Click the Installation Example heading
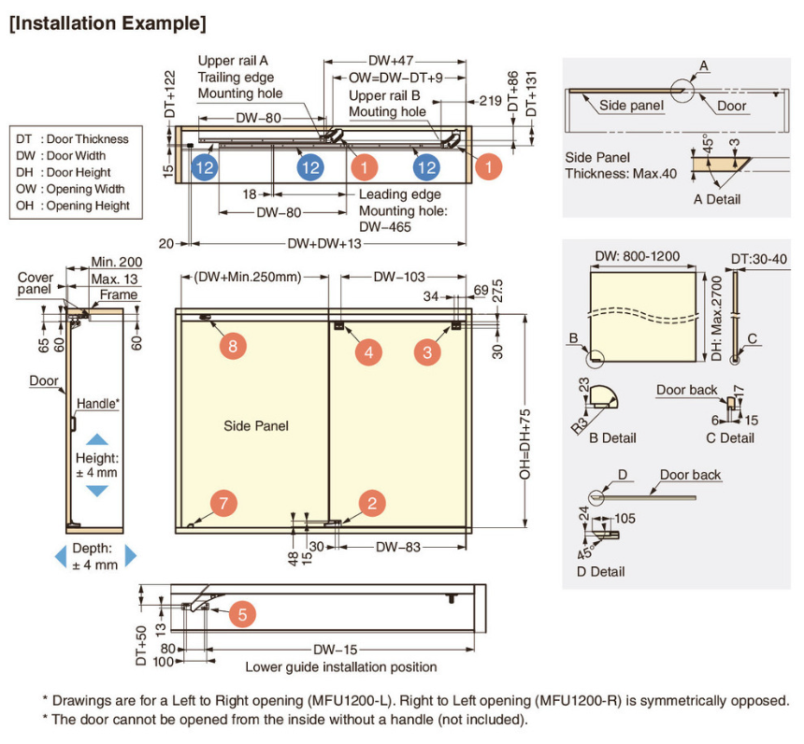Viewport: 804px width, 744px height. click(x=108, y=22)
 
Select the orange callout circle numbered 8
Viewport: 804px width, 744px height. click(x=233, y=346)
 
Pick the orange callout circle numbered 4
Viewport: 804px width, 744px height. click(x=368, y=351)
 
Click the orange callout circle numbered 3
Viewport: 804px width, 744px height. click(x=428, y=351)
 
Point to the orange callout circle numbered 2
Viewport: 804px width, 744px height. click(x=372, y=504)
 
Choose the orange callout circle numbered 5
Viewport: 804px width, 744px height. click(x=241, y=614)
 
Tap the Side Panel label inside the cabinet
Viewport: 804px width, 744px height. click(x=256, y=426)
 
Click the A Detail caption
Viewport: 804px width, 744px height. click(x=716, y=199)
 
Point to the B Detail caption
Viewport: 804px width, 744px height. click(x=612, y=437)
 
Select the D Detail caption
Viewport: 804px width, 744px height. click(x=601, y=571)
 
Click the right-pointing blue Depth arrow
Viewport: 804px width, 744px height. click(x=131, y=556)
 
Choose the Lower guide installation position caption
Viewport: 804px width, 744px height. click(x=341, y=666)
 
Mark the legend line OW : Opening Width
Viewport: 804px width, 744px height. click(x=73, y=189)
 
